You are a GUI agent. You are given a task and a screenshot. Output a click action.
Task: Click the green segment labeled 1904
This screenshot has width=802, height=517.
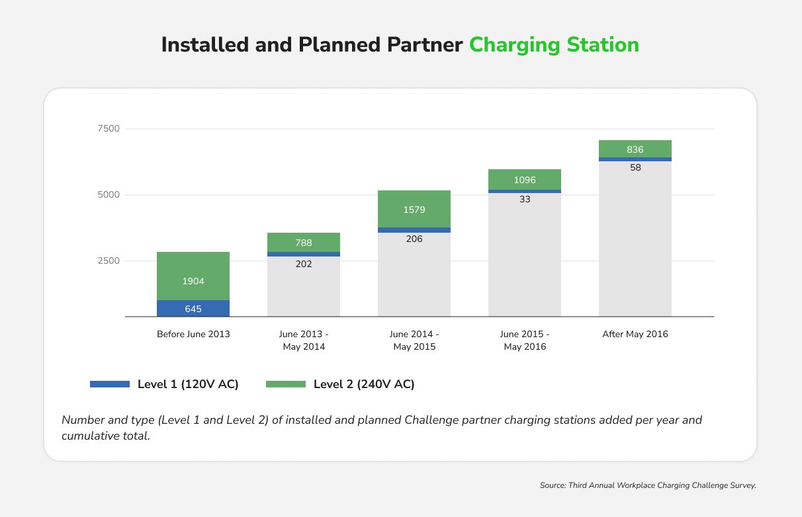193,276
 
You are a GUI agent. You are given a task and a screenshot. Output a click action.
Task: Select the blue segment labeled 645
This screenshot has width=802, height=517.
193,309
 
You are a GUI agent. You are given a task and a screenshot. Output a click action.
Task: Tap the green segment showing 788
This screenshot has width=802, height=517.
304,243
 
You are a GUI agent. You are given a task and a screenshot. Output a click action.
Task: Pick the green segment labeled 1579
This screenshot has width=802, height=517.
414,210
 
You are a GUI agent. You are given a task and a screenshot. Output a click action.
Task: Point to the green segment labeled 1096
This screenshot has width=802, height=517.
525,180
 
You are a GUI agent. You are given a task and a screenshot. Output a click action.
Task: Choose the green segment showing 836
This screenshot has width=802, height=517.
635,149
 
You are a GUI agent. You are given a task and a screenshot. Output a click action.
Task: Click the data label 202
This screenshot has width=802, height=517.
304,264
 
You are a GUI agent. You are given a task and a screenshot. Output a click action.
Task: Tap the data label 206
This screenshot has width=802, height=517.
414,239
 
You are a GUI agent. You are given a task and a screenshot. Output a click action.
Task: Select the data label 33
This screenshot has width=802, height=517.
525,198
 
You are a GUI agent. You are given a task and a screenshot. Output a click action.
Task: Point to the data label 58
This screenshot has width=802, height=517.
635,167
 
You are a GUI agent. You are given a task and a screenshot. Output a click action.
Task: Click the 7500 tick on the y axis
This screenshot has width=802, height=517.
109,128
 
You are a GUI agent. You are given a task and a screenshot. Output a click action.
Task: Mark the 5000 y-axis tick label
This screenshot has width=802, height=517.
109,195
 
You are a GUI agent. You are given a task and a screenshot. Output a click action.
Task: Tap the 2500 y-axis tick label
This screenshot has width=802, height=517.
109,261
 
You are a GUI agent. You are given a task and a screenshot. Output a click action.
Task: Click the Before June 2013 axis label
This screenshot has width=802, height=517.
193,334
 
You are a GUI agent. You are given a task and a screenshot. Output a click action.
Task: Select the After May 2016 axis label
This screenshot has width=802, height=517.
635,334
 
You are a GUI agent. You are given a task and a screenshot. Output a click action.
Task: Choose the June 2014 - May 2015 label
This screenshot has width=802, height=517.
414,340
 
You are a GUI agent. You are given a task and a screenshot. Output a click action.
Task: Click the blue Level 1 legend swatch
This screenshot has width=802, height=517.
110,384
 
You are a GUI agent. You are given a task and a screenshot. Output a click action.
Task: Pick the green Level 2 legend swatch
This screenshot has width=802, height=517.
286,384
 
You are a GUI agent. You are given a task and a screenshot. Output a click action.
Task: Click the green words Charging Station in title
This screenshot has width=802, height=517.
554,45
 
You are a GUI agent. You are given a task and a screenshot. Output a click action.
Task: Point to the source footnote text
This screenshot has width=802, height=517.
648,485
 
